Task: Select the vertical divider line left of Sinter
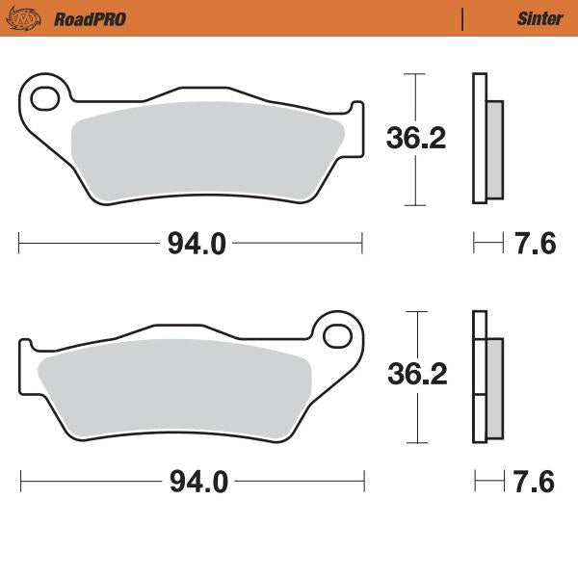pyautogui.click(x=463, y=18)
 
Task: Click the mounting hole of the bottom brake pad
pyautogui.click(x=338, y=335)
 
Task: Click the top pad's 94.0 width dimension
pyautogui.click(x=197, y=245)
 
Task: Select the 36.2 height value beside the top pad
pyautogui.click(x=416, y=140)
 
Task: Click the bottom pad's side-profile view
pyautogui.click(x=486, y=377)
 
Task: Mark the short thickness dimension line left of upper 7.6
pyautogui.click(x=488, y=245)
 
